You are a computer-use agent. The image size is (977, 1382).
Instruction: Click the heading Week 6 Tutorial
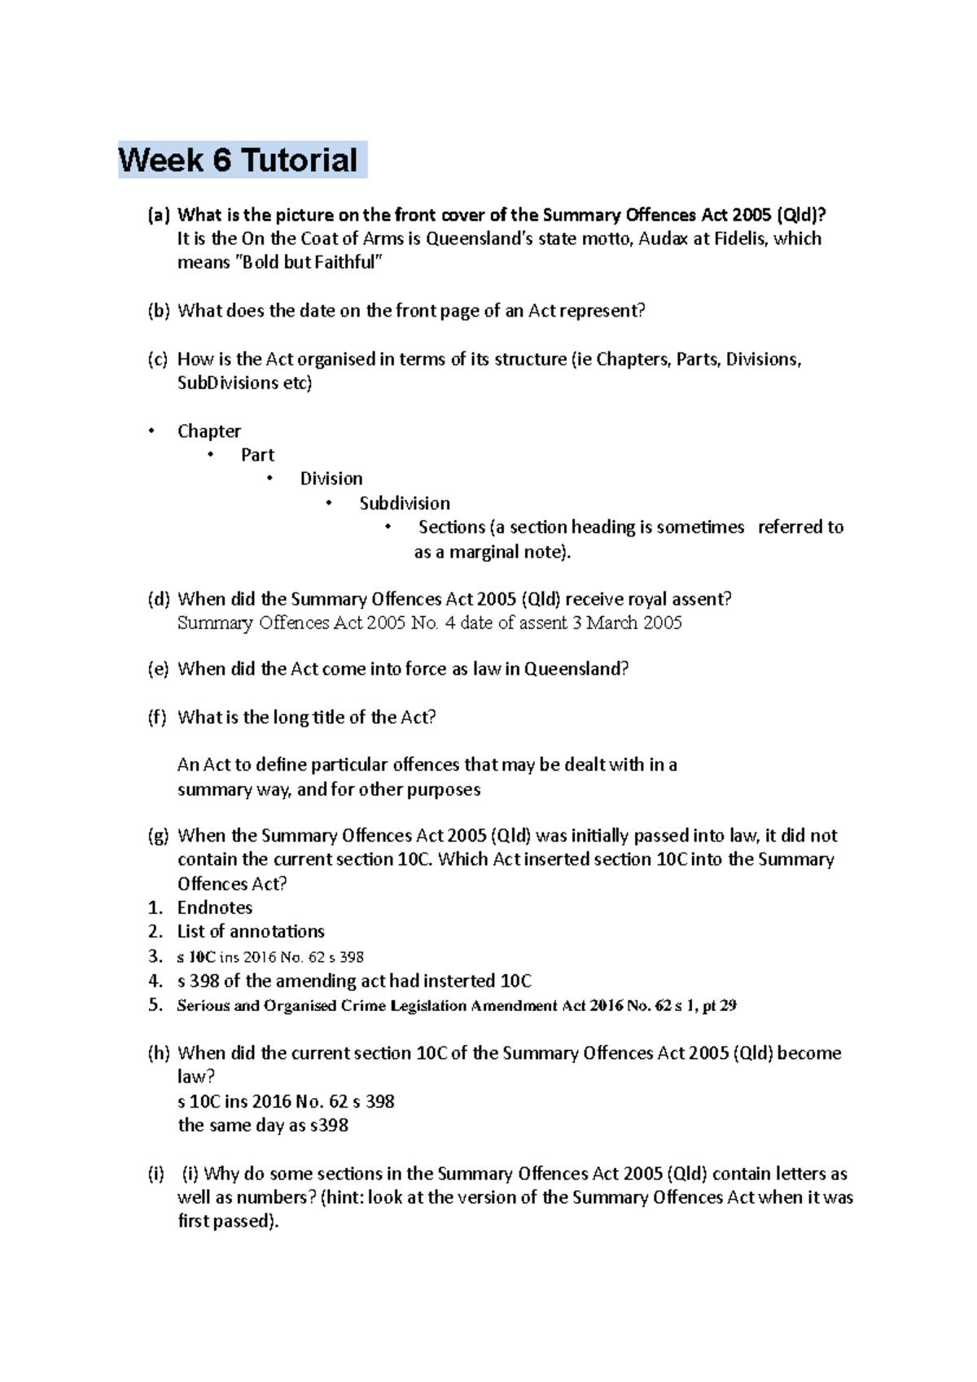point(238,160)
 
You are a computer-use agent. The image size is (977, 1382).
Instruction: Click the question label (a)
point(158,216)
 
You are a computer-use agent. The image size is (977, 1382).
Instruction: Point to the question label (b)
point(158,311)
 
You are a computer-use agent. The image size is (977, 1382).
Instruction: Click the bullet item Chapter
point(209,431)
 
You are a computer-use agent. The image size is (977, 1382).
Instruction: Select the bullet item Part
point(257,455)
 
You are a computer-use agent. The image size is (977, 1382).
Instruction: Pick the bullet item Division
point(331,479)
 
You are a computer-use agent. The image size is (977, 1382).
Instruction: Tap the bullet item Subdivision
point(405,503)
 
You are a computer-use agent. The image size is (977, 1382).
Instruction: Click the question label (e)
point(158,669)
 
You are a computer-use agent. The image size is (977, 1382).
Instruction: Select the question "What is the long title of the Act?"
point(307,718)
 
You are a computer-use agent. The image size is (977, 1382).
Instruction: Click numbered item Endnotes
point(215,908)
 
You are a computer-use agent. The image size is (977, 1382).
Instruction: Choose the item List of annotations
point(251,932)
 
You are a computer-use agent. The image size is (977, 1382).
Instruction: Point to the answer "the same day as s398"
point(263,1126)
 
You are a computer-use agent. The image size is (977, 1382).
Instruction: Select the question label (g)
point(158,837)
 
